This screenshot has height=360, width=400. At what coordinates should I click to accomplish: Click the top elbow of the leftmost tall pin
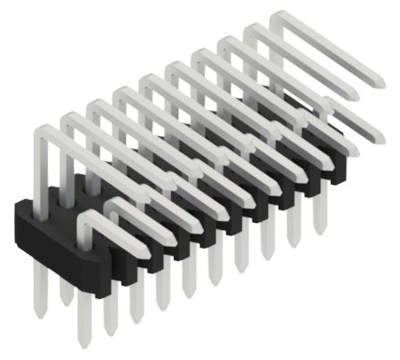(45, 131)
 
